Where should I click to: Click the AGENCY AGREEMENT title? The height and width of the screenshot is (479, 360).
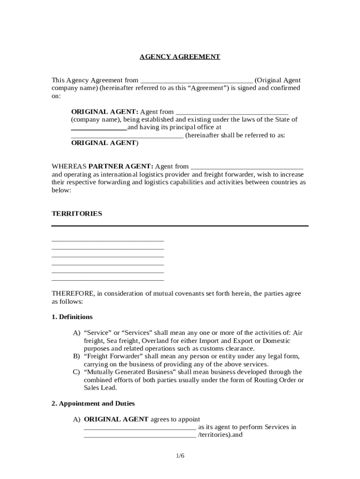click(x=180, y=57)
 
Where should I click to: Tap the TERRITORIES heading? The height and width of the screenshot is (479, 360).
click(x=77, y=213)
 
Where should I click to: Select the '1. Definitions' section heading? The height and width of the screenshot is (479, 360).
click(x=72, y=317)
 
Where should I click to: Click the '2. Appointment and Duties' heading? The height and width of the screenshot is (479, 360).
click(x=93, y=403)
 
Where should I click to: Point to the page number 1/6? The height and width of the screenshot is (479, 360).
click(x=180, y=456)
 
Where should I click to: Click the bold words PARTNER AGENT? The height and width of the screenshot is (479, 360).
click(x=121, y=166)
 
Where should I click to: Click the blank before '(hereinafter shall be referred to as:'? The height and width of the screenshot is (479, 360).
click(x=127, y=137)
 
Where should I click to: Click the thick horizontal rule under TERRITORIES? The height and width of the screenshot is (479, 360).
click(x=180, y=226)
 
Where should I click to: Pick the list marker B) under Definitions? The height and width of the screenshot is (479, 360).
click(x=76, y=356)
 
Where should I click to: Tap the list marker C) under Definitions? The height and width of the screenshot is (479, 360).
click(x=76, y=372)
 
